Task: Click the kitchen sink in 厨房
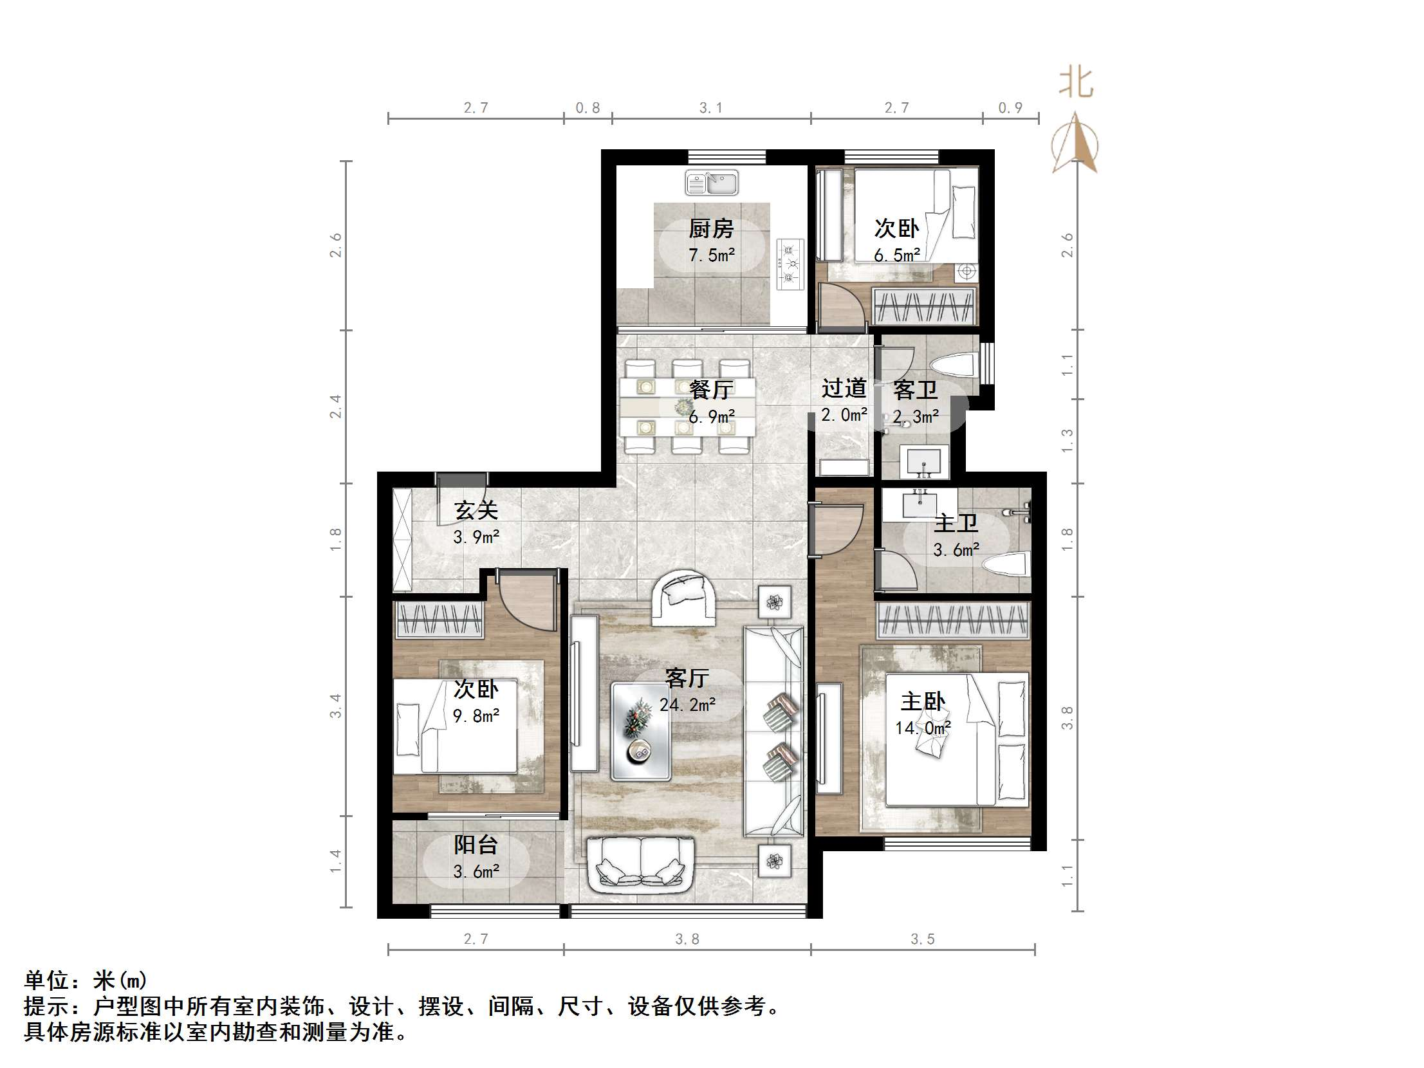pos(712,182)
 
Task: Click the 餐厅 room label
pos(711,389)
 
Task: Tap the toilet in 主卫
pos(1007,567)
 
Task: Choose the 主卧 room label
pos(923,701)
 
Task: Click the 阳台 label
pos(476,845)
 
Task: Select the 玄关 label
pos(476,510)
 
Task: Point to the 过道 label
pos(844,388)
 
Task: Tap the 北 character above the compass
pos(1076,83)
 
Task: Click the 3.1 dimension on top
pos(711,107)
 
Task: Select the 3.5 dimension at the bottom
pos(923,939)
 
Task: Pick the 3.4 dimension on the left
pos(335,706)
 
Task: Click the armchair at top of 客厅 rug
pos(683,598)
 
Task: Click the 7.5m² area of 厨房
pos(711,255)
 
